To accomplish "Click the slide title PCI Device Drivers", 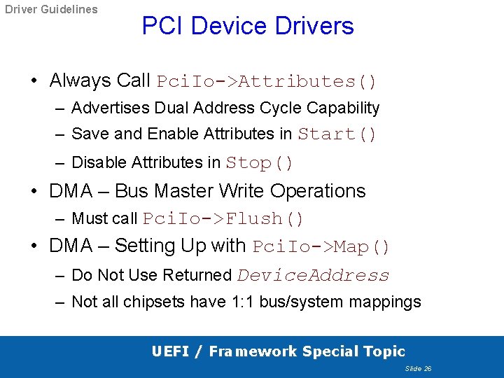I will pos(248,26).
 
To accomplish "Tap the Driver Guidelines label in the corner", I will pos(51,10).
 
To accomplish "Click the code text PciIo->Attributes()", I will pos(267,81).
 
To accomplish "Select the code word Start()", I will pos(337,134).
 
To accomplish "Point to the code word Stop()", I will pos(260,162).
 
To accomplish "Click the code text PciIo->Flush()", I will pos(223,218).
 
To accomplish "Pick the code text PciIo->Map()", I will pos(321,247).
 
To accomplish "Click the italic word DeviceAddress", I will pos(313,275).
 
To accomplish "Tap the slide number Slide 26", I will pos(419,368).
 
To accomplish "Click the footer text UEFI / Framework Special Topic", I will pos(278,351).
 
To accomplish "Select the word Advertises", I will pos(111,108).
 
